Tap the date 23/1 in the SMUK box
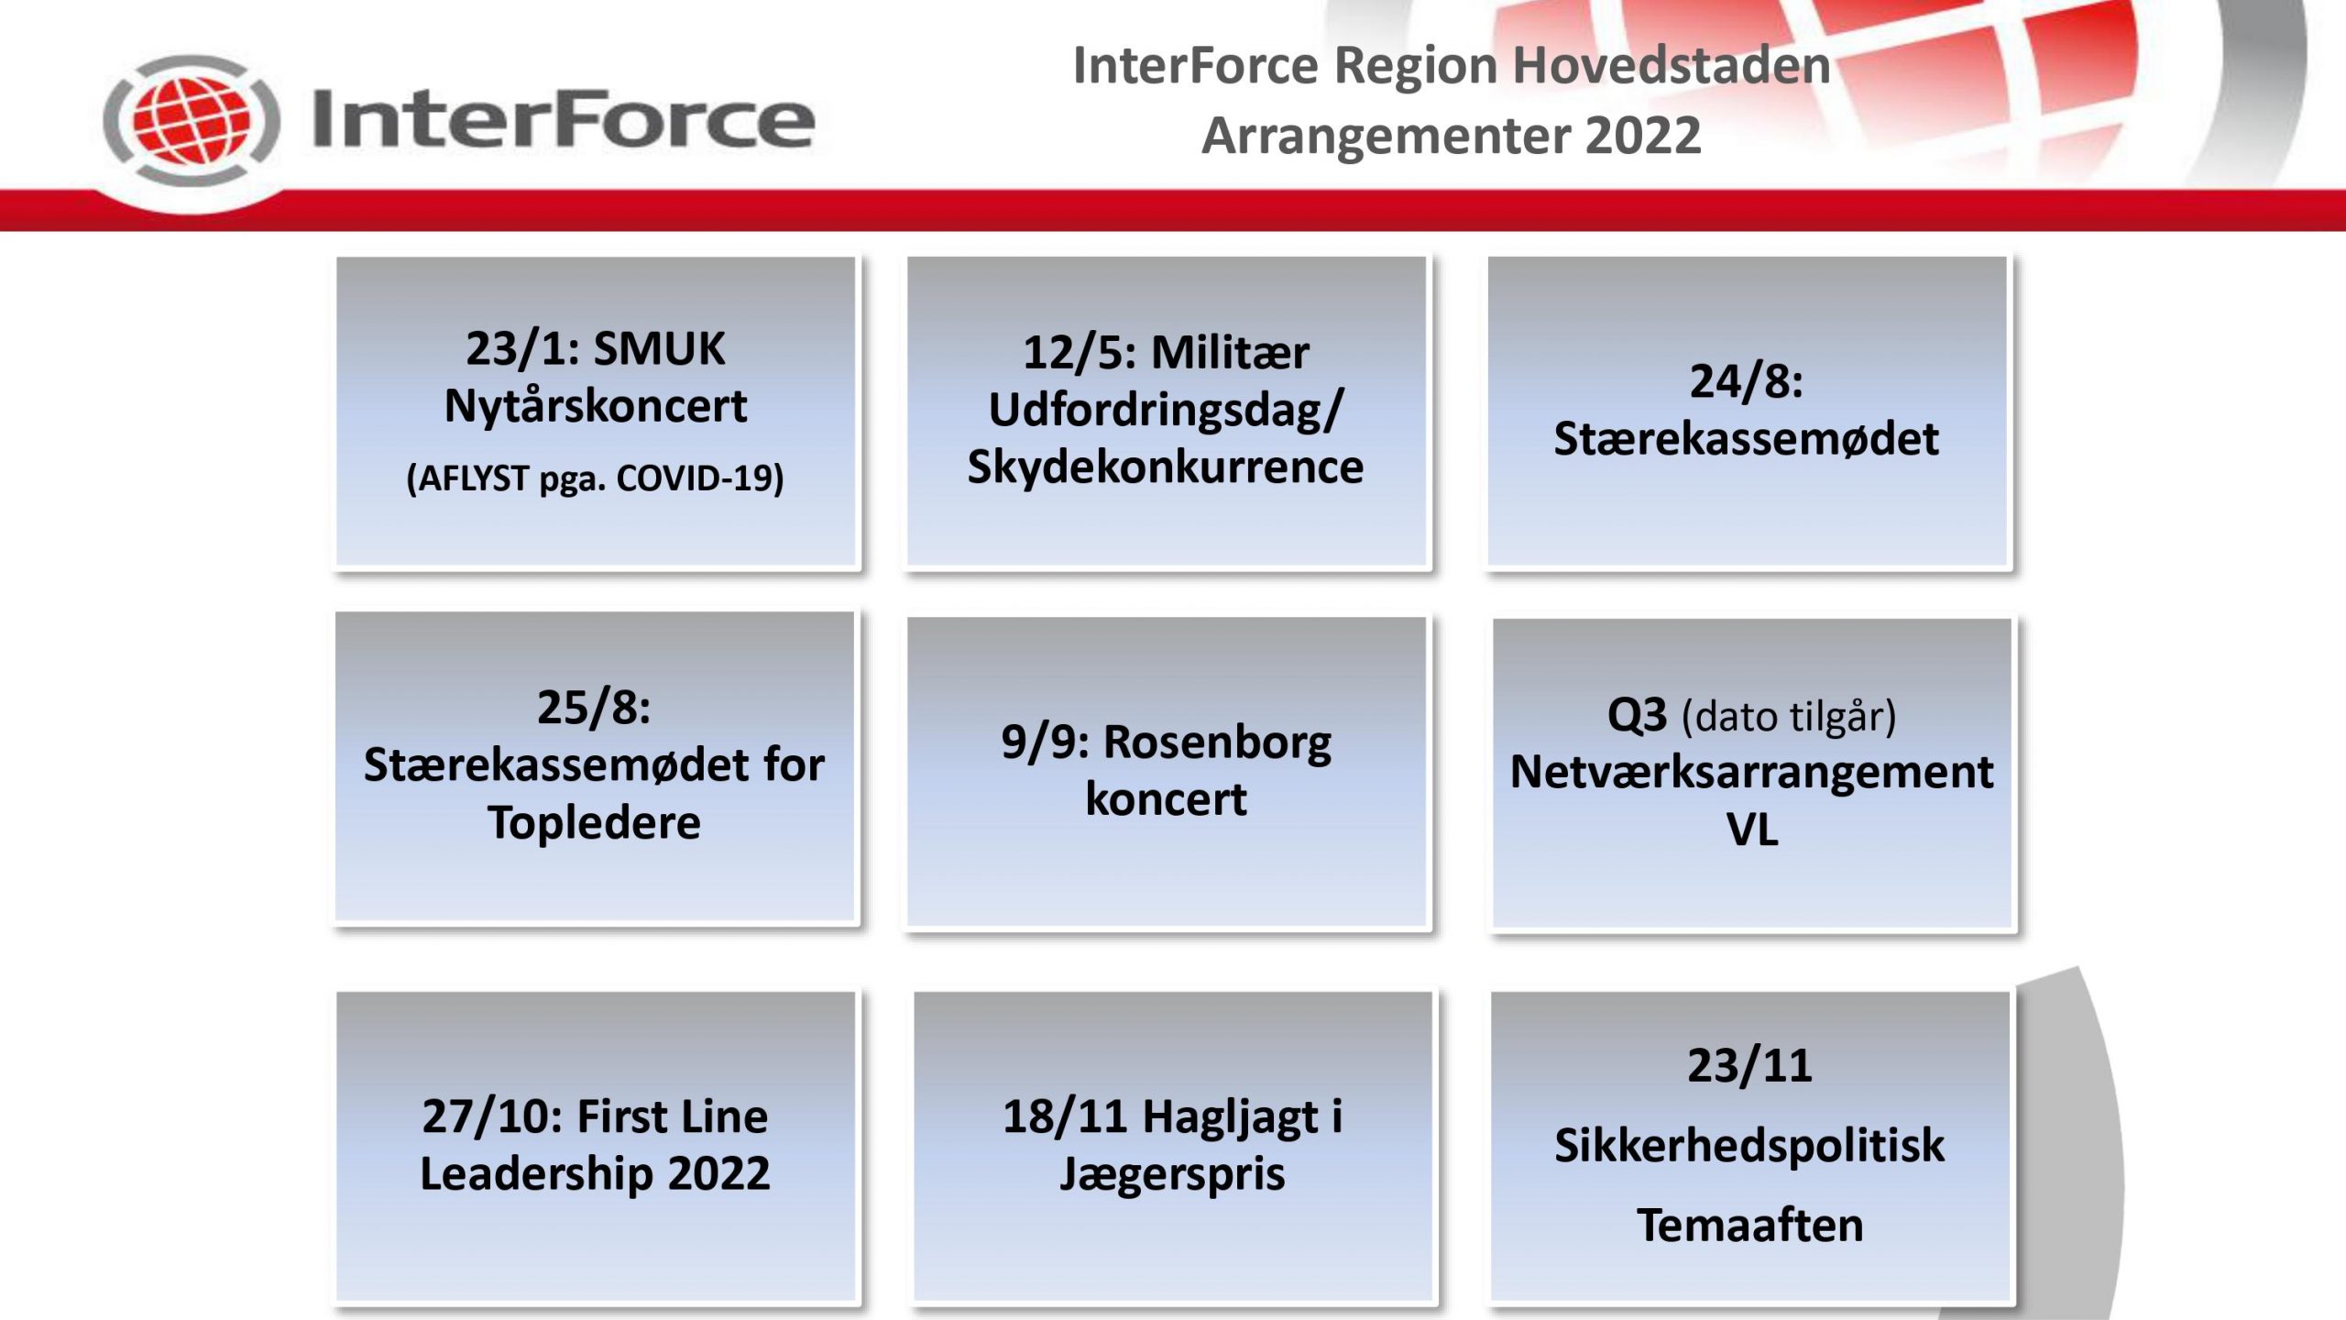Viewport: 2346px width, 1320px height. coord(516,349)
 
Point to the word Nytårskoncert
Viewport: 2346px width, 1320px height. coord(596,406)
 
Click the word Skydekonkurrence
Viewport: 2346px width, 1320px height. coord(1165,467)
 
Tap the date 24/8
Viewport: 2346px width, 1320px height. coord(1746,381)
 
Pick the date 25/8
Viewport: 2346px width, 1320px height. coord(594,708)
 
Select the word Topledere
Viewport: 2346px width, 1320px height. coord(594,822)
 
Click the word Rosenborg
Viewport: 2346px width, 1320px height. coord(1217,742)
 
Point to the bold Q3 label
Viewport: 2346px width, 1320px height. coord(1637,715)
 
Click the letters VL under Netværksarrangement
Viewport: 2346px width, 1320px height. coord(1751,830)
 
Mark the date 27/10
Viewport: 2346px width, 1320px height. coord(491,1117)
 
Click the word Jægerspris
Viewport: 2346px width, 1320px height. coord(1172,1175)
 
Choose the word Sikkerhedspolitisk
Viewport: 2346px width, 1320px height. coord(1749,1146)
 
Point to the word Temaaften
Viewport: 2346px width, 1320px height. coord(1749,1226)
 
